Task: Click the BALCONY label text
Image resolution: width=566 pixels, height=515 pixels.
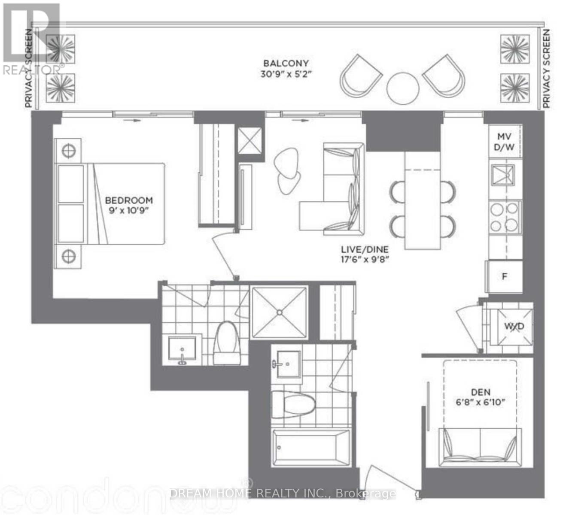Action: pyautogui.click(x=286, y=64)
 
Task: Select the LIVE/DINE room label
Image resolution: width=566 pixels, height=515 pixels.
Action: pyautogui.click(x=365, y=249)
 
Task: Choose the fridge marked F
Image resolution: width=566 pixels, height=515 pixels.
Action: pyautogui.click(x=505, y=277)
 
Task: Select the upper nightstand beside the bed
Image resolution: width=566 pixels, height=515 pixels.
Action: pyautogui.click(x=68, y=151)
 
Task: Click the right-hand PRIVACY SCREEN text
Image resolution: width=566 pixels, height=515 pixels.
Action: pyautogui.click(x=546, y=69)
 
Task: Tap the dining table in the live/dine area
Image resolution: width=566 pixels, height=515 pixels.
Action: pyautogui.click(x=423, y=200)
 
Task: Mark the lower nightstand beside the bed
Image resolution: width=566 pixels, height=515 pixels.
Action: pyautogui.click(x=68, y=257)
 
